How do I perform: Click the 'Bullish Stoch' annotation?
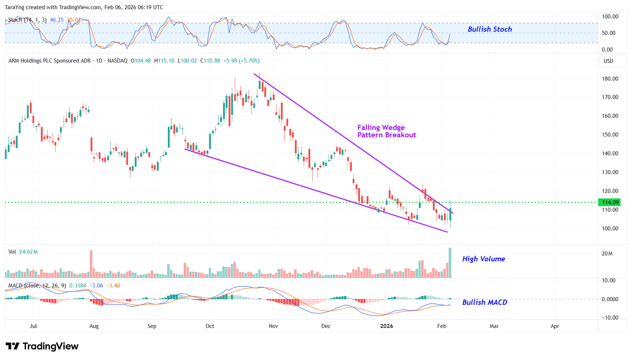click(490, 29)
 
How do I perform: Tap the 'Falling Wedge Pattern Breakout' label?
click(386, 131)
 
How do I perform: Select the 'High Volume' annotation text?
click(483, 259)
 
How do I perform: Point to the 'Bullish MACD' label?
click(484, 302)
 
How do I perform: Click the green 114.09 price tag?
click(610, 202)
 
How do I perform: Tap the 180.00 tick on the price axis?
click(610, 78)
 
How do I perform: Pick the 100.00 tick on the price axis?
click(610, 228)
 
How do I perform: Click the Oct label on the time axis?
click(210, 326)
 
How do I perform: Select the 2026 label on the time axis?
click(386, 326)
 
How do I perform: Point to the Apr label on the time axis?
click(555, 326)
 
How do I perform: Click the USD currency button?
click(608, 61)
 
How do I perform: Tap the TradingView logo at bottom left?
click(42, 346)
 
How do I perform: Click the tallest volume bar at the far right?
click(450, 263)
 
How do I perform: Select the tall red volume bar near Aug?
click(91, 264)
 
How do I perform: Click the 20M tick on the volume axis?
click(607, 254)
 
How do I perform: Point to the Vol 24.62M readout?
click(23, 252)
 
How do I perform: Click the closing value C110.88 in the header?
click(210, 61)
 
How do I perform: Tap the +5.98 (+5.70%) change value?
click(241, 61)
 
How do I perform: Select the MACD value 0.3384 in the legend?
click(78, 286)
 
